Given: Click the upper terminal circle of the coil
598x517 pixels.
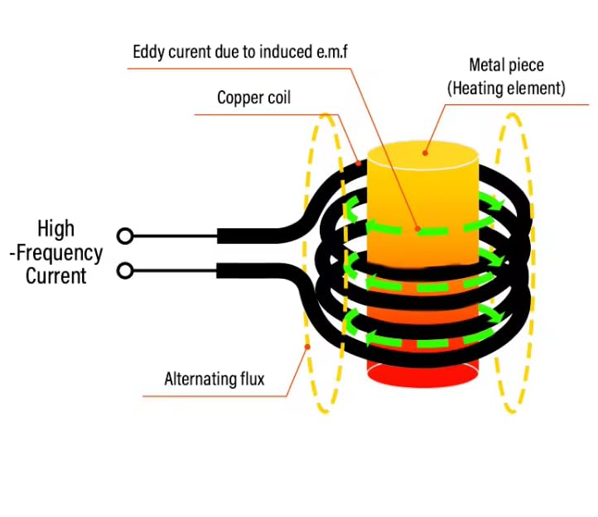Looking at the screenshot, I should (124, 236).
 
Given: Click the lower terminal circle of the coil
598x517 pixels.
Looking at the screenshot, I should (124, 270).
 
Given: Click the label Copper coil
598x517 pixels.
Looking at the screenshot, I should (253, 98).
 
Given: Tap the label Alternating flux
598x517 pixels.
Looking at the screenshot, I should (214, 380).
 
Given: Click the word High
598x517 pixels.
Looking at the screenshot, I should (55, 228).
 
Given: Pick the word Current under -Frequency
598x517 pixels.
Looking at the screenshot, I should (55, 275).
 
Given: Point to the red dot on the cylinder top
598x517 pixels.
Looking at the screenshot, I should (424, 151).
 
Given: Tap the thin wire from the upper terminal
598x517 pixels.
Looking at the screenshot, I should (174, 236).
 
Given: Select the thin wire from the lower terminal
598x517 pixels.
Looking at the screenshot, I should (174, 270).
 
